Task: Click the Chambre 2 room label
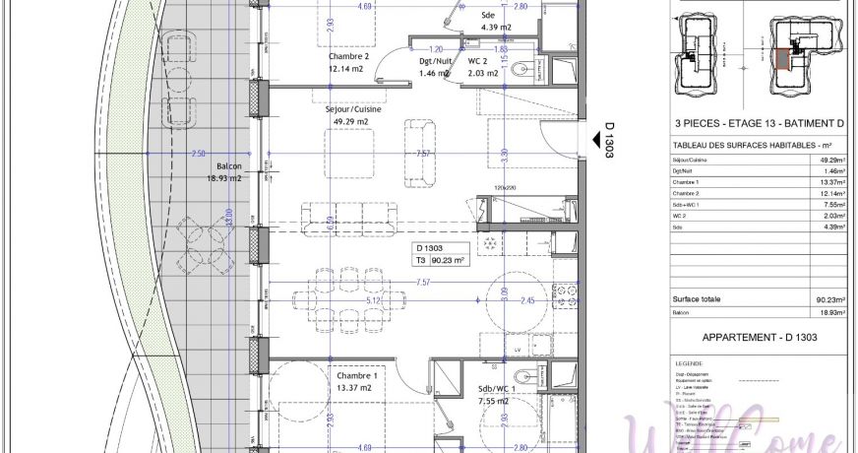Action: click(x=348, y=56)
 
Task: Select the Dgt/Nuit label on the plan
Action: click(x=434, y=61)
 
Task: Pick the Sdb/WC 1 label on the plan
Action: click(x=498, y=388)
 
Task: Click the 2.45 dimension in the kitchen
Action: click(x=528, y=301)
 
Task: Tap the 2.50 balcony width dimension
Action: click(x=198, y=154)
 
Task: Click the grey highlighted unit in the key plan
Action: click(x=782, y=61)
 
